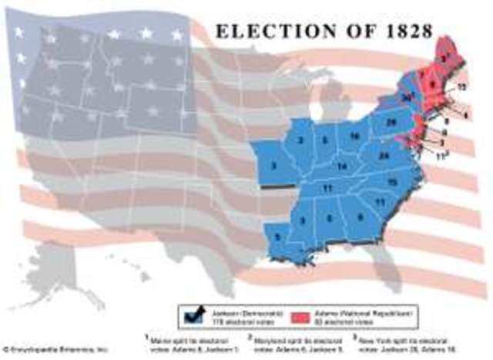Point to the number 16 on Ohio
(x=354, y=136)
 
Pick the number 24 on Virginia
(x=384, y=155)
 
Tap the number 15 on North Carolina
(x=392, y=181)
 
